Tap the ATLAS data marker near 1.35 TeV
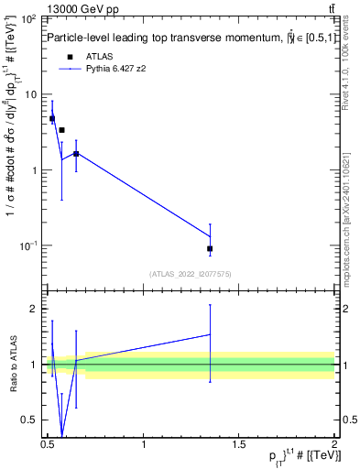pos(210,248)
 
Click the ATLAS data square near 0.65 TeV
pos(76,154)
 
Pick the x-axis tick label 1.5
pos(238,444)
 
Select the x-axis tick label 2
pos(334,444)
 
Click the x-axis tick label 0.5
pos(47,444)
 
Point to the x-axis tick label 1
pos(144,444)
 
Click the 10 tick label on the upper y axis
pos(31,95)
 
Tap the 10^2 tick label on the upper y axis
pos(29,19)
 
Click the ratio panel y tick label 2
pos(35,309)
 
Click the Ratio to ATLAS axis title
pos(12,363)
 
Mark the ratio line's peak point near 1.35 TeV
pos(210,334)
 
